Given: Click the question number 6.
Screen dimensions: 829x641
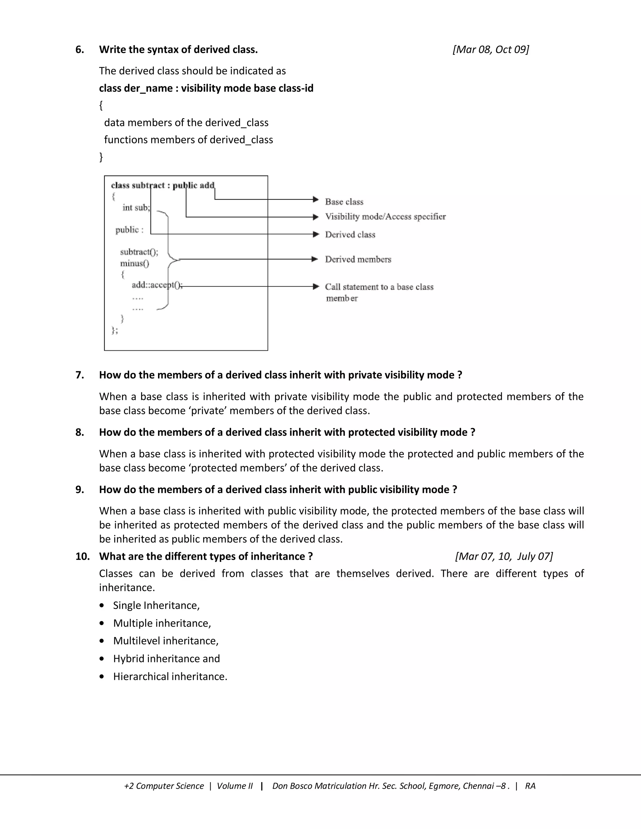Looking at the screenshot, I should pyautogui.click(x=79, y=50).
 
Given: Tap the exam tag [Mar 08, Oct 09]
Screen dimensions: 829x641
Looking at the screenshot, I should pyautogui.click(x=491, y=50).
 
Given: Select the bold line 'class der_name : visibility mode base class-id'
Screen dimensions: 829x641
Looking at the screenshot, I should pyautogui.click(x=206, y=88).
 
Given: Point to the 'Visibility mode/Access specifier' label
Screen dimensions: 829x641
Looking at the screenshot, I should pyautogui.click(x=385, y=216).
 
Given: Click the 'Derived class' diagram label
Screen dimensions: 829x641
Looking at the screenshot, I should pyautogui.click(x=350, y=235).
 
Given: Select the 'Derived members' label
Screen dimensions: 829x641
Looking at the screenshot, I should pyautogui.click(x=358, y=259).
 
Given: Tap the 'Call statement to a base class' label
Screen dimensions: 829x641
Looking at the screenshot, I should pyautogui.click(x=379, y=287).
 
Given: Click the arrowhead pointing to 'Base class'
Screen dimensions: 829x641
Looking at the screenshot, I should pyautogui.click(x=315, y=199).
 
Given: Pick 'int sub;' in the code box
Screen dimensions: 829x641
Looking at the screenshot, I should pyautogui.click(x=136, y=208).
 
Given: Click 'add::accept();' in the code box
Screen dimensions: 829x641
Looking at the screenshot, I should pyautogui.click(x=157, y=285).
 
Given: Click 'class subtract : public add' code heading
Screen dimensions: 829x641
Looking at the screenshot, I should pyautogui.click(x=162, y=185).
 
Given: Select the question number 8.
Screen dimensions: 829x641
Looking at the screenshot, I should pyautogui.click(x=79, y=432).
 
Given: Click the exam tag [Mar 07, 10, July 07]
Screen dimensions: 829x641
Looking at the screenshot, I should pyautogui.click(x=504, y=557).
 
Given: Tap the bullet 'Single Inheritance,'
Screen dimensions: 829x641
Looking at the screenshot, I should pyautogui.click(x=156, y=605).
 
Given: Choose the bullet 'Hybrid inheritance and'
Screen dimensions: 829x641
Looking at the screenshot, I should pyautogui.click(x=166, y=659).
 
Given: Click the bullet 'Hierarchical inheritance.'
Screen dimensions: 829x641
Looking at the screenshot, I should pyautogui.click(x=170, y=676).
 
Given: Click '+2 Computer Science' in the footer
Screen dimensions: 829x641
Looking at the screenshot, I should pyautogui.click(x=164, y=786).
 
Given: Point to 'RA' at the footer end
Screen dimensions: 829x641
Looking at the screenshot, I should pyautogui.click(x=530, y=786).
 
